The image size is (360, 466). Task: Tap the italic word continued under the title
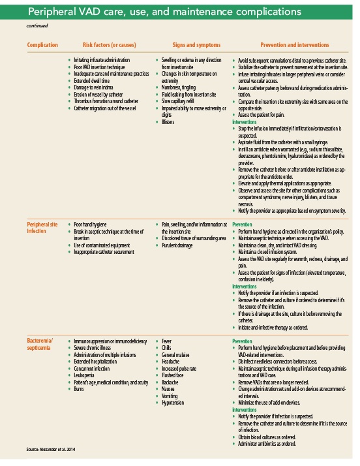point(37,26)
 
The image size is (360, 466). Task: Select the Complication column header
point(42,45)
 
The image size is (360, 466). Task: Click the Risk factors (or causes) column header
point(110,45)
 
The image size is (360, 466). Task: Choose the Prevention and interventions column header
point(294,45)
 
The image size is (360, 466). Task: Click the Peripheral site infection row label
point(41,227)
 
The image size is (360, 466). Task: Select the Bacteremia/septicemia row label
point(42,344)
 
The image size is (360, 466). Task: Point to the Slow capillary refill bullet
point(181,101)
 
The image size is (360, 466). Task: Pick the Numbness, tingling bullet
point(180,87)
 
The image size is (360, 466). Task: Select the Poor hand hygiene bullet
point(93,224)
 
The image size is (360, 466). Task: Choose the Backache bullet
point(170,381)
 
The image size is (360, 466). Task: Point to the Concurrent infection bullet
point(94,367)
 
